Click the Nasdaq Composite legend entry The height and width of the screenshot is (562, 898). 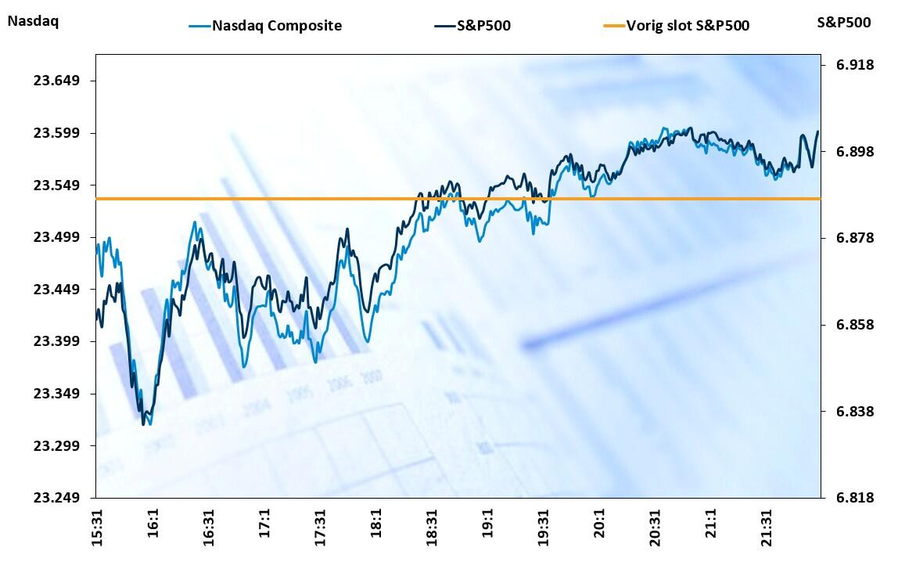[x=277, y=26]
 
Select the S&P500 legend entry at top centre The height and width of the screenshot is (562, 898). [x=483, y=26]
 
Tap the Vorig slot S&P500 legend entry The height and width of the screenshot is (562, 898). [x=688, y=26]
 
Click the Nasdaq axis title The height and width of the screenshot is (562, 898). [x=33, y=21]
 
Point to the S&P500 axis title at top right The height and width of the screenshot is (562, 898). [x=844, y=22]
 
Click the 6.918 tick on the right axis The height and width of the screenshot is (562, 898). [x=854, y=64]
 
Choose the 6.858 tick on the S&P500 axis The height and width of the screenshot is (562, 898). [x=854, y=324]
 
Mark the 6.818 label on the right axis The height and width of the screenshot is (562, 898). [x=854, y=498]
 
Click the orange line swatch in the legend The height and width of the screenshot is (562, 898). [x=613, y=26]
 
